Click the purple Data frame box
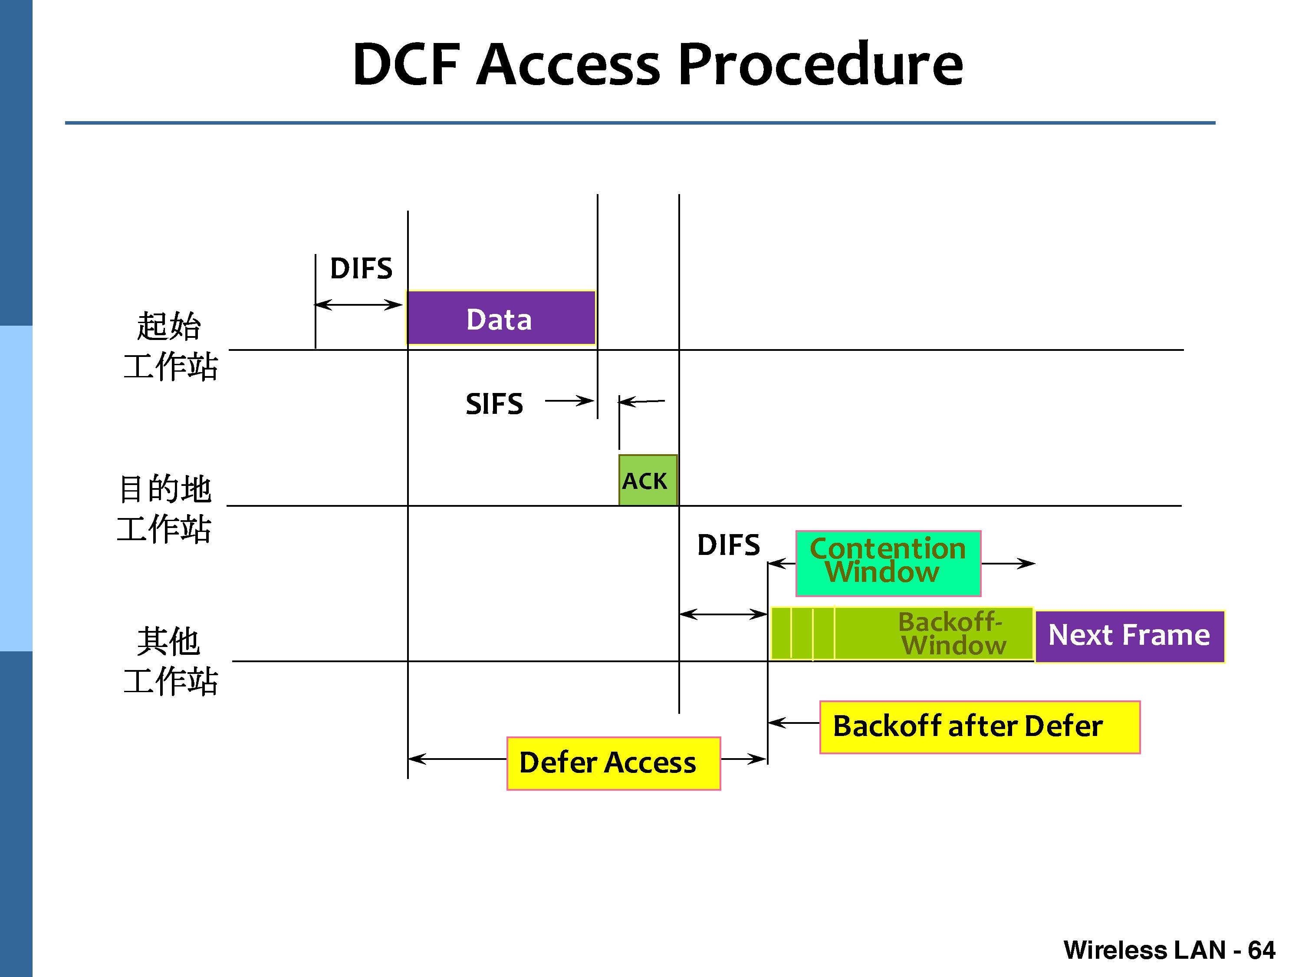[501, 318]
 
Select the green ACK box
[648, 481]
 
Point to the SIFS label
[494, 404]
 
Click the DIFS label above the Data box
[361, 268]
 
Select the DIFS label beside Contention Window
[728, 545]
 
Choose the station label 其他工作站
[170, 661]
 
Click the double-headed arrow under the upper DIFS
[358, 304]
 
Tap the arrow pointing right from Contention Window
[1008, 564]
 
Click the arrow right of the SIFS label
[569, 401]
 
